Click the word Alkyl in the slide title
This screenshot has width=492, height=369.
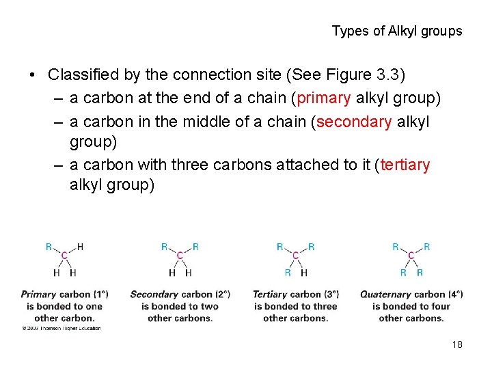point(404,31)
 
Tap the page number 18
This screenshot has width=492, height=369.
point(457,344)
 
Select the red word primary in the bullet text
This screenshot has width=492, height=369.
point(323,98)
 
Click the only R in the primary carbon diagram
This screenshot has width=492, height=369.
point(49,247)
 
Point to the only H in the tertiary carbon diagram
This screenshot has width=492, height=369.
point(304,272)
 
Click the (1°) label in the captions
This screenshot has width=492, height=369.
point(100,295)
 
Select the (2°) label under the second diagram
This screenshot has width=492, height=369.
point(221,295)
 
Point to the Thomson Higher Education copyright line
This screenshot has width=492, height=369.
point(61,328)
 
